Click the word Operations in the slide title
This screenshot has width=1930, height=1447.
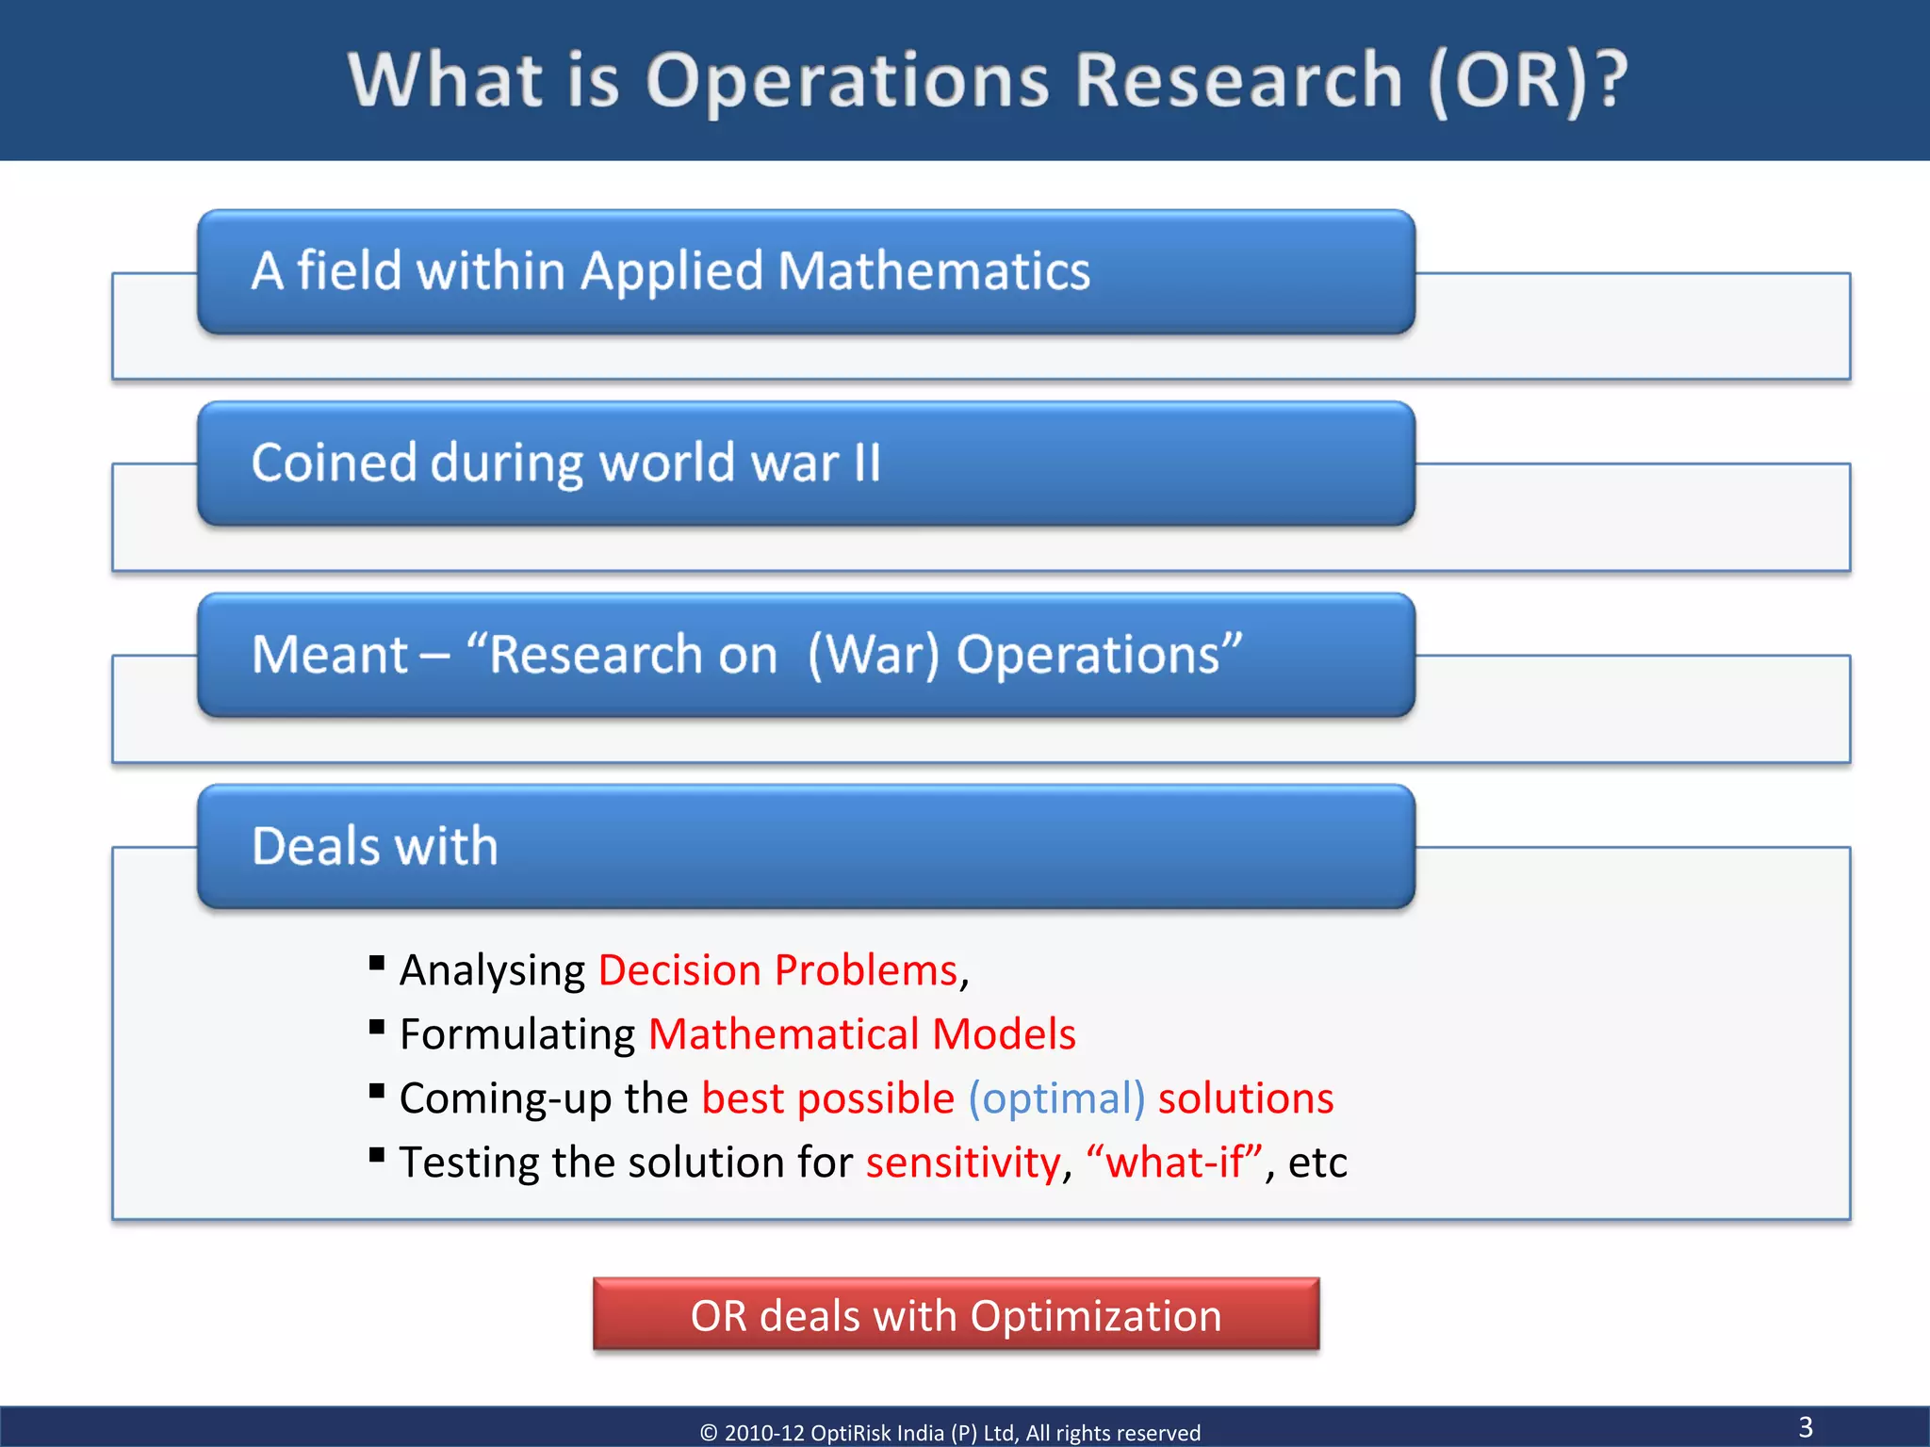(847, 81)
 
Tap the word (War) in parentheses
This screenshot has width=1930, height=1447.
(874, 655)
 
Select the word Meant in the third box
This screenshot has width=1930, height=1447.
(330, 655)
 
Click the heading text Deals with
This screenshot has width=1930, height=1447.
(375, 845)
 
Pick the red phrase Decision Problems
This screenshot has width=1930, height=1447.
(777, 970)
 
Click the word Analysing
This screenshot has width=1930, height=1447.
(492, 970)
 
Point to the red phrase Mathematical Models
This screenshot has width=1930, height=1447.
(861, 1034)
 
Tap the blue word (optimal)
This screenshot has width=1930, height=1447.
(1056, 1098)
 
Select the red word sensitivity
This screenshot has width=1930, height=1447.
(963, 1162)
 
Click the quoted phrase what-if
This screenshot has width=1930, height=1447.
(1174, 1162)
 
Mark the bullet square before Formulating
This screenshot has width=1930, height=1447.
(377, 1027)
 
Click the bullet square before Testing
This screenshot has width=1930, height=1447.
(377, 1155)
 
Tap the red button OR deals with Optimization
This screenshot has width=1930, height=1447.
(956, 1315)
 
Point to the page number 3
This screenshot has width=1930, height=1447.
(1806, 1426)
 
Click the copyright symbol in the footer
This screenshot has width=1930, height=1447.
(709, 1433)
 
